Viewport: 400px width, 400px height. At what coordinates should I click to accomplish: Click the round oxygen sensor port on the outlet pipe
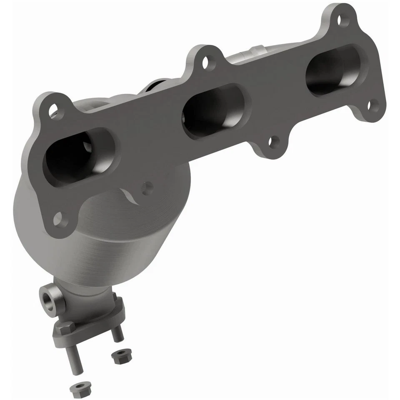47,297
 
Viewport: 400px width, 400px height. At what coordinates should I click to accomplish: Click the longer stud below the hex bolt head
75,354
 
